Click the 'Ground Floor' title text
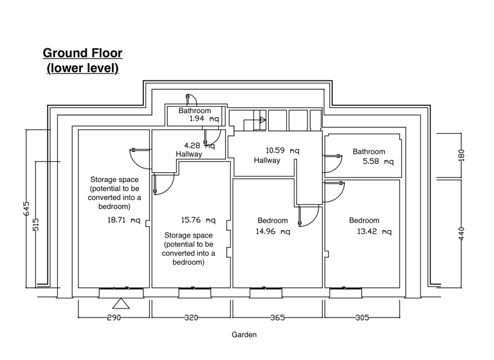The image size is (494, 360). tap(82, 53)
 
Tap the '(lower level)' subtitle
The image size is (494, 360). tap(82, 67)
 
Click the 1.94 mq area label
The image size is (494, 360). tap(204, 120)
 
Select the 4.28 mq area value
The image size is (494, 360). tap(199, 146)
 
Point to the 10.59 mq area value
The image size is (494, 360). tap(282, 151)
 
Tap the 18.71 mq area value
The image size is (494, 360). tap(123, 220)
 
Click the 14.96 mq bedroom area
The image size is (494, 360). tap(272, 231)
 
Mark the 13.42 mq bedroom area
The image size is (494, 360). tap(374, 231)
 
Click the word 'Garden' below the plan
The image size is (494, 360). tap(244, 335)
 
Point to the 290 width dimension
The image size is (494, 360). tap(114, 318)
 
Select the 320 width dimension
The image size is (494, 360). tap(191, 318)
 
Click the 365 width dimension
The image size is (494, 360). tap(277, 318)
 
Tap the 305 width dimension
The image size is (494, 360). tap(363, 318)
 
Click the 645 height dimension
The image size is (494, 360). tap(26, 209)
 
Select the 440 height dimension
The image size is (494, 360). tap(461, 231)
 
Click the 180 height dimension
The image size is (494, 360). tap(461, 155)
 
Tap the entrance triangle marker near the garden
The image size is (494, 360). tap(120, 304)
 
